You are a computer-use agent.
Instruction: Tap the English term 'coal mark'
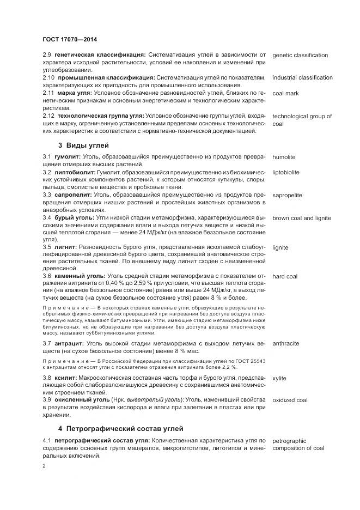(285, 93)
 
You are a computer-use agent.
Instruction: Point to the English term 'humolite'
(284, 157)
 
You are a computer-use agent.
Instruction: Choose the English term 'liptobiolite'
(286, 172)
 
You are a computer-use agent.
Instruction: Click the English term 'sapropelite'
(288, 195)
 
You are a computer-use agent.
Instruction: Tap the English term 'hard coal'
(285, 276)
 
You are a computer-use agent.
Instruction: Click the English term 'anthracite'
(285, 344)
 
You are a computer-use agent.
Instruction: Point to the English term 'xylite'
(279, 378)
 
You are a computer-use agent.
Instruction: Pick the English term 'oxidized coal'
(290, 400)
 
